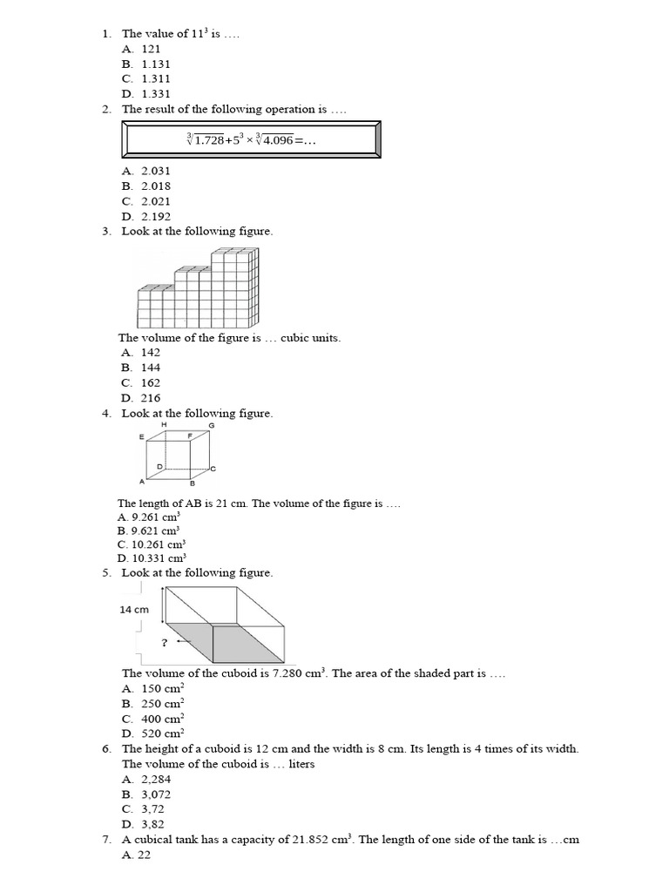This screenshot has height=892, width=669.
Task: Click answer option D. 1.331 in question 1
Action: click(146, 94)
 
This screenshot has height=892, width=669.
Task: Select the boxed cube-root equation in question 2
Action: click(250, 139)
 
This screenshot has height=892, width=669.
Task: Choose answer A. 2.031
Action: click(146, 171)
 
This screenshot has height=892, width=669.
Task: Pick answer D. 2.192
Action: click(146, 217)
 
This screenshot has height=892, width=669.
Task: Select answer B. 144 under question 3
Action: click(140, 368)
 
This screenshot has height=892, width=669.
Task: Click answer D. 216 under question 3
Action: click(140, 398)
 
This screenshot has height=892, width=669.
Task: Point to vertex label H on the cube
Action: click(164, 424)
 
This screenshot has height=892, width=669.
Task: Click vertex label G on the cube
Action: click(211, 424)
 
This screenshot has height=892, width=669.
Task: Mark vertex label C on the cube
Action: click(213, 469)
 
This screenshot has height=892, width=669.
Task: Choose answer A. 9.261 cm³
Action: click(148, 517)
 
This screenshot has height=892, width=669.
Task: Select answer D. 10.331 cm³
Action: click(152, 558)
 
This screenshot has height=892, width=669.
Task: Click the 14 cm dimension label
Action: click(134, 611)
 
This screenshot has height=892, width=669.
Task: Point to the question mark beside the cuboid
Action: click(164, 642)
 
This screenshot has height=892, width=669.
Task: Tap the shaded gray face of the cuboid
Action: click(218, 643)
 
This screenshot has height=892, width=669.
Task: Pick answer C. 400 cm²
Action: click(153, 719)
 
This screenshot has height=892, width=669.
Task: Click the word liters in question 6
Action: click(300, 764)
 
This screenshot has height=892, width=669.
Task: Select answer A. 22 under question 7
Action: click(137, 855)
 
